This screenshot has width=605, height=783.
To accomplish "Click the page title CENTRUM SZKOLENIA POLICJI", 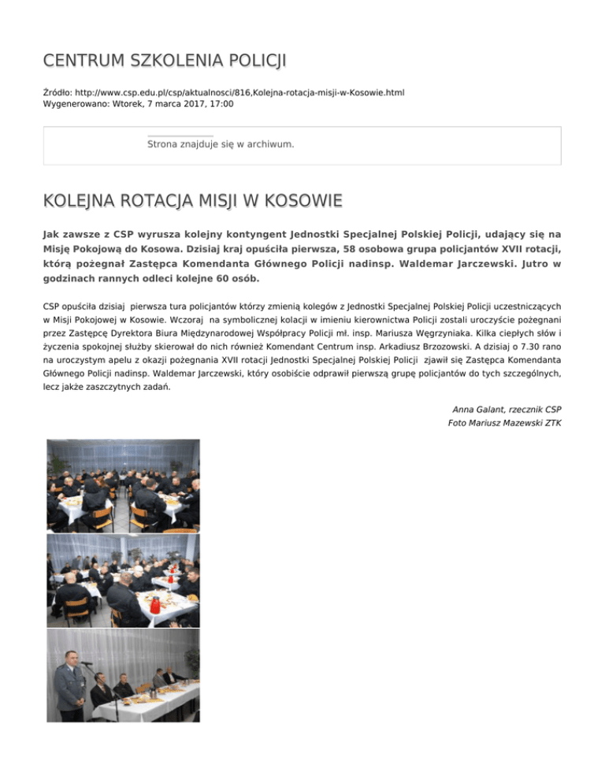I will pyautogui.click(x=165, y=60).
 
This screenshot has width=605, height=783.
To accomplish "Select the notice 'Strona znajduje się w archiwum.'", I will pyautogui.click(x=221, y=145).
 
